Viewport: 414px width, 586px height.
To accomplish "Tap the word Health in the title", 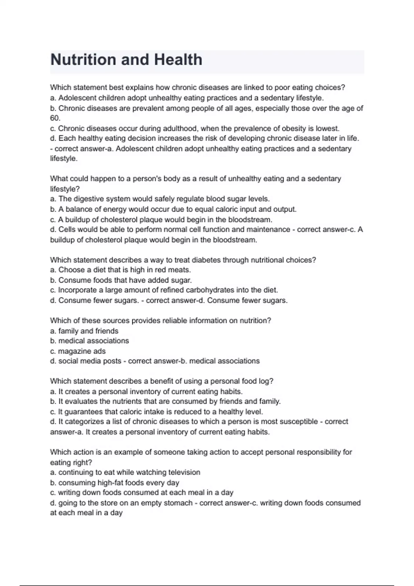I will coord(178,60).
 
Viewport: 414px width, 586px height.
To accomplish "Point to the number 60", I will coord(55,118).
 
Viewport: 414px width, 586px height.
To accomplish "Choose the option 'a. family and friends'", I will coord(84,331).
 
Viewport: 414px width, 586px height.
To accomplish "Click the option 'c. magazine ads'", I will coord(78,351).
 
